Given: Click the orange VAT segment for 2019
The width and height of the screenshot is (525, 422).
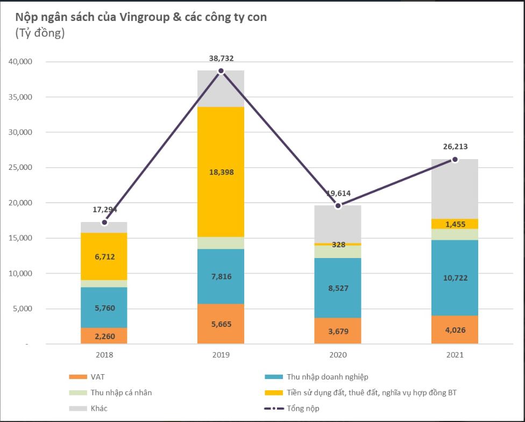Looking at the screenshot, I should pos(221,324).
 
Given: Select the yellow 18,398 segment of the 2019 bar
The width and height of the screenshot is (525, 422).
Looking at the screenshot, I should pos(221,172).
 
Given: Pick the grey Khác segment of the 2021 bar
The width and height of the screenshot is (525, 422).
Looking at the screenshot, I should pos(455,188).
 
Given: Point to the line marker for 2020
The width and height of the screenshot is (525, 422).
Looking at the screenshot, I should pos(338,205).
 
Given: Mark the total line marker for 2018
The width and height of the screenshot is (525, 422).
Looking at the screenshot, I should pos(104,222).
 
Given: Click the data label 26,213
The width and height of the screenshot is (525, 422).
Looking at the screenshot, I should pos(455,146).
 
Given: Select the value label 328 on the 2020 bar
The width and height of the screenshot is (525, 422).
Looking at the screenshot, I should pos(337,244).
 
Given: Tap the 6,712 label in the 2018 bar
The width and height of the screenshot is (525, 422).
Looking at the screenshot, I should pos(104,256).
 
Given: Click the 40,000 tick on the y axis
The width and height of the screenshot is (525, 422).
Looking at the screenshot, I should pos(21,62).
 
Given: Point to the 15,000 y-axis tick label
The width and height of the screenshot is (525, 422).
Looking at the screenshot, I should pos(21,238).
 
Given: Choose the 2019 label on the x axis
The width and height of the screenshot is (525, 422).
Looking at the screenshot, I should pos(221,355).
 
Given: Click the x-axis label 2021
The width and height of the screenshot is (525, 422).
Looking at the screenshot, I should pos(455,355).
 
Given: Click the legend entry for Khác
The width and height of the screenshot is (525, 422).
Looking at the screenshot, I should pos(99,409).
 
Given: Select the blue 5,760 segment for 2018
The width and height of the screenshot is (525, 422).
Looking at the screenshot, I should pos(104,307).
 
